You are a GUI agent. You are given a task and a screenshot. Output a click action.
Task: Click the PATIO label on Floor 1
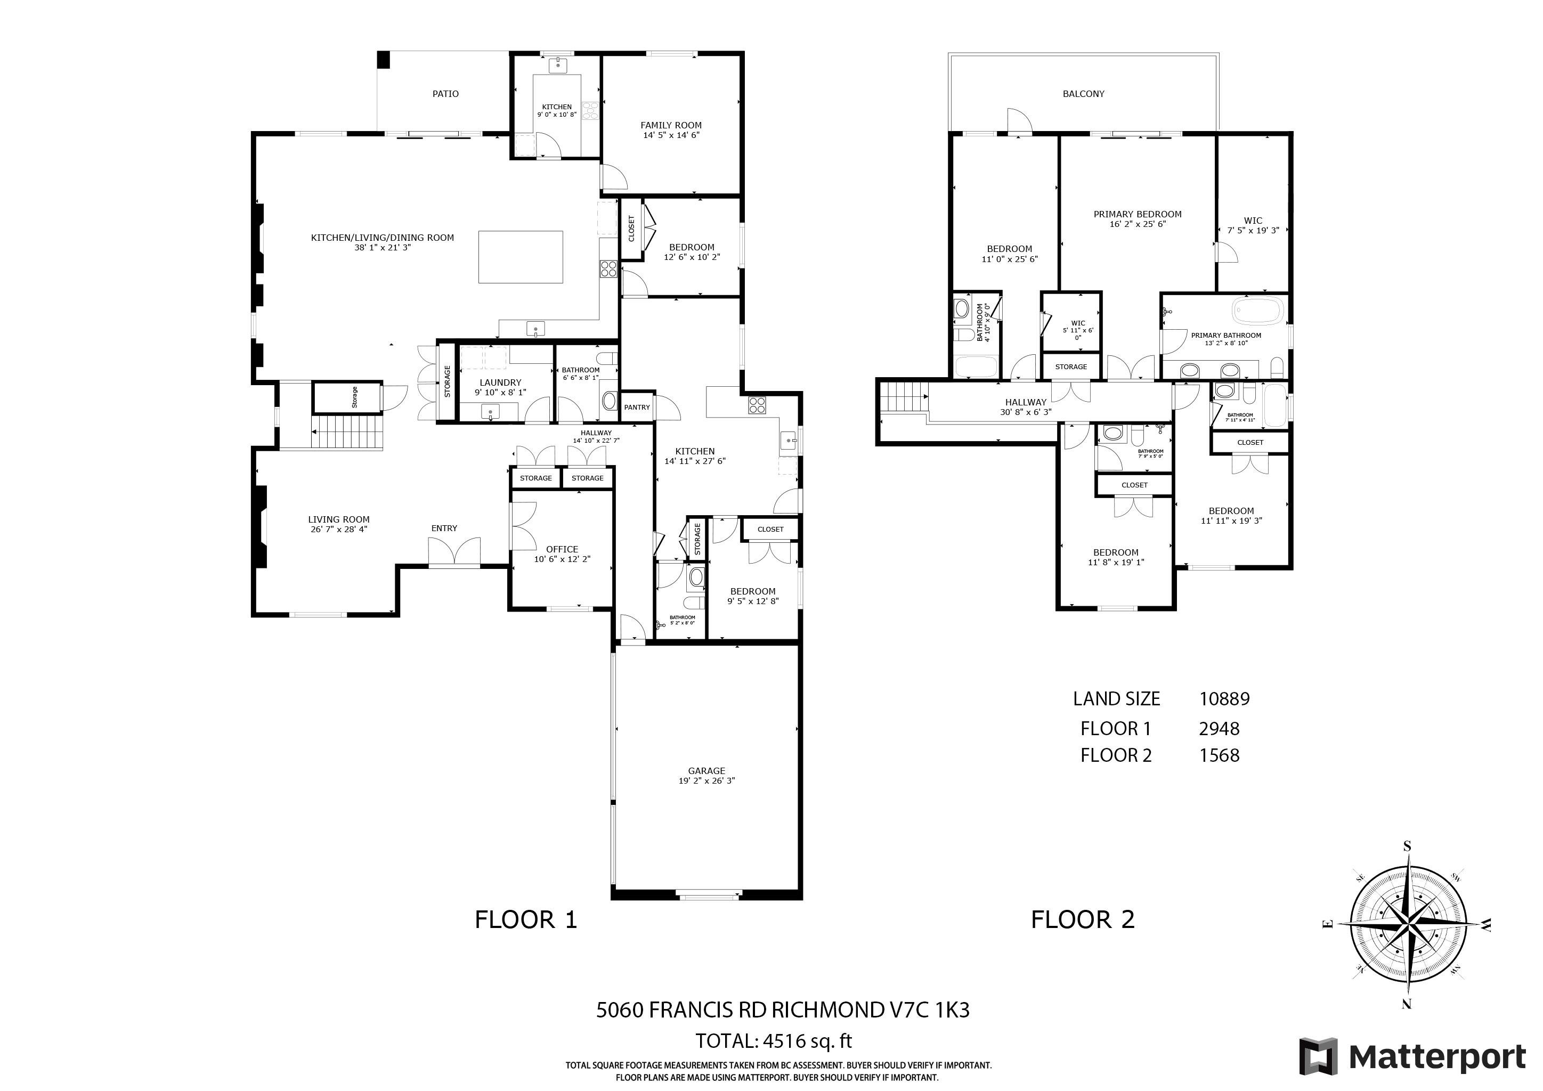445,94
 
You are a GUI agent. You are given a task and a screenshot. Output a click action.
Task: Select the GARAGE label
706,770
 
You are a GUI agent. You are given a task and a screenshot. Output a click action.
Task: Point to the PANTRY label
636,407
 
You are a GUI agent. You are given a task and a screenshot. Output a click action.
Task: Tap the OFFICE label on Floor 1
562,549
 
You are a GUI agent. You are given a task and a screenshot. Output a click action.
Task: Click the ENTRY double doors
455,553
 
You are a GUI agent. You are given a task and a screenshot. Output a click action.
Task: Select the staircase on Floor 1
347,433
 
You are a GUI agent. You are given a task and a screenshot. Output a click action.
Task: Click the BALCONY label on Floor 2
1083,94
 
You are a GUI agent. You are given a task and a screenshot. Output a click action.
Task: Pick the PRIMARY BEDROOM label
1137,214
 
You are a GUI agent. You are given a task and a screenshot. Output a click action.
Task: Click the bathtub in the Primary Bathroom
1258,312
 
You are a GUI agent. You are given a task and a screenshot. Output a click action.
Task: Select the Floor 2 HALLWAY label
1026,402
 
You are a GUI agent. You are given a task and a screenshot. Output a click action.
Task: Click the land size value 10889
1224,699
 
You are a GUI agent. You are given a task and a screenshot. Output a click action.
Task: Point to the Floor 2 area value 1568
1219,755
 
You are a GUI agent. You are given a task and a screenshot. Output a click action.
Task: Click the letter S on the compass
1407,846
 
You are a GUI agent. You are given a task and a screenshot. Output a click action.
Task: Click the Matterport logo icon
1318,1057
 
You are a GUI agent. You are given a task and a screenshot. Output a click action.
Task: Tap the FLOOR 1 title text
525,919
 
